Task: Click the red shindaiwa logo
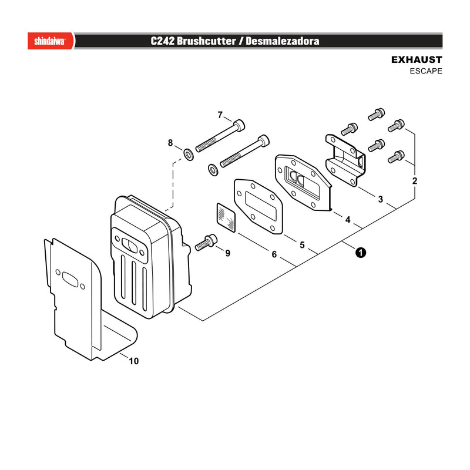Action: [51, 41]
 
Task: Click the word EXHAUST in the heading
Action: [417, 60]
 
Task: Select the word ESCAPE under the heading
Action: [426, 71]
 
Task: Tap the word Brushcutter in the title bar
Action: [206, 41]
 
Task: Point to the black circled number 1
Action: [361, 253]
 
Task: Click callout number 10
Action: [134, 361]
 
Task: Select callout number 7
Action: [220, 115]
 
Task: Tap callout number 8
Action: [170, 143]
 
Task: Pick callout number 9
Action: [228, 253]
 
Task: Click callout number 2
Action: [415, 181]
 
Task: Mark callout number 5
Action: [302, 245]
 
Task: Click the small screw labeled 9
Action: [206, 242]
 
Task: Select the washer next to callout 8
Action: [189, 155]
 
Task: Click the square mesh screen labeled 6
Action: [226, 217]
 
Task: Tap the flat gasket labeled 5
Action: [258, 206]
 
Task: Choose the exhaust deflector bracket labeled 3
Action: [345, 160]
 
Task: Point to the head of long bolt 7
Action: [239, 125]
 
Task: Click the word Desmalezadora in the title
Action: [283, 41]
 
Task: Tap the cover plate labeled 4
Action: [303, 183]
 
